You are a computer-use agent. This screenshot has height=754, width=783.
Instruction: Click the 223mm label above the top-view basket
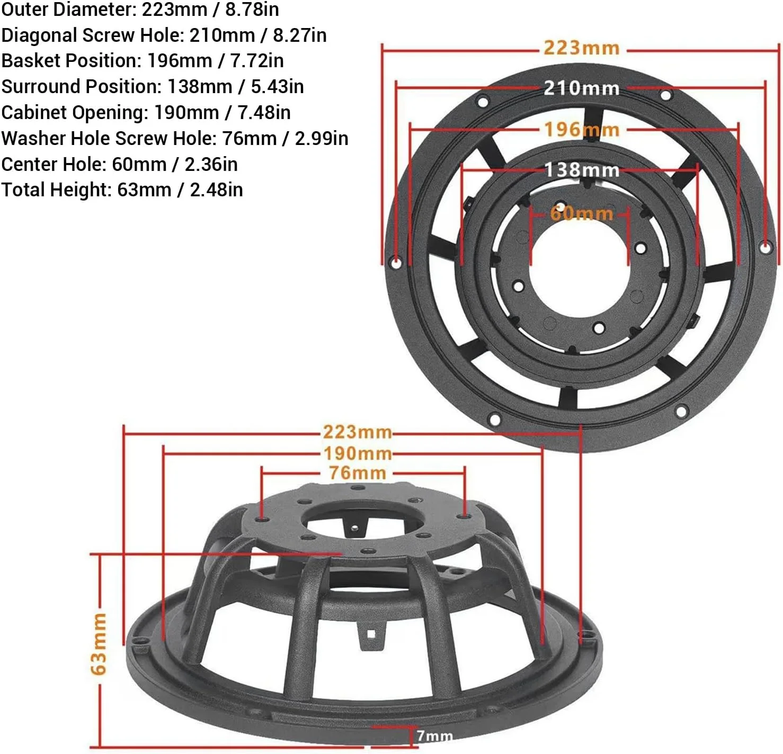581,48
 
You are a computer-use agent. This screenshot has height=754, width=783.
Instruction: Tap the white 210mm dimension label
581,88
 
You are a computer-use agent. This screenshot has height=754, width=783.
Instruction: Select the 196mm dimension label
581,130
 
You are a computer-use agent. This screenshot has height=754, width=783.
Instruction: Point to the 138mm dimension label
581,170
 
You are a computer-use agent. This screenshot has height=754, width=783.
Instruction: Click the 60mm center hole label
581,213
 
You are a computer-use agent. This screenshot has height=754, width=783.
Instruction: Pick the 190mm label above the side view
358,454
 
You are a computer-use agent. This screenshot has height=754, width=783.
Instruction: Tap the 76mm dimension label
358,473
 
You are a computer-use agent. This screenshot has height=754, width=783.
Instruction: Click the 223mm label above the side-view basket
358,432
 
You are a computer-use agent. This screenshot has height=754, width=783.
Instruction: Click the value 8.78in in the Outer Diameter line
252,9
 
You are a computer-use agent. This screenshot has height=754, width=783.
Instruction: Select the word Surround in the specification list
41,87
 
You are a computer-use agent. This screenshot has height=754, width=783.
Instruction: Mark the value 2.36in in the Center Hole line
211,165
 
